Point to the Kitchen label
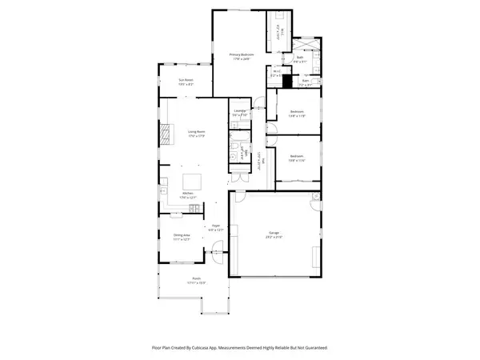pos(189,194)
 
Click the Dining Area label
pos(182,237)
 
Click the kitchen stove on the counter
pos(194,210)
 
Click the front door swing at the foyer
pos(214,254)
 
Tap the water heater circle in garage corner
pos(316,196)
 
